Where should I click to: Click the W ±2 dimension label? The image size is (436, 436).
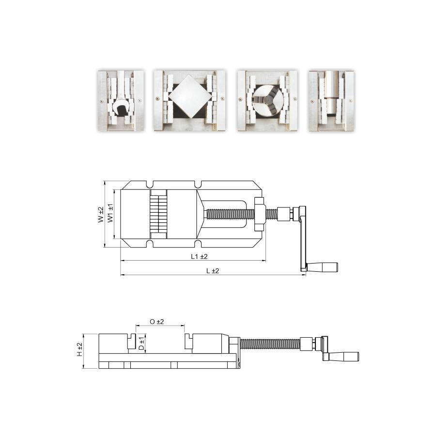[x=101, y=215]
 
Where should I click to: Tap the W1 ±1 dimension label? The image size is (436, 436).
[x=110, y=213]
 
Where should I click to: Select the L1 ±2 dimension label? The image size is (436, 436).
[x=199, y=256]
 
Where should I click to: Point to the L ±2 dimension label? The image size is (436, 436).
[x=213, y=270]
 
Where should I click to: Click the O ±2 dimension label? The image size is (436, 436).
[x=157, y=322]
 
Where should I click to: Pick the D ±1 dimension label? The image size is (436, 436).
[x=141, y=343]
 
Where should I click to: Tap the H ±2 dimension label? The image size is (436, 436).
[x=80, y=349]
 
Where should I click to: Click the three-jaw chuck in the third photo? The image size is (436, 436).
[x=267, y=100]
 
